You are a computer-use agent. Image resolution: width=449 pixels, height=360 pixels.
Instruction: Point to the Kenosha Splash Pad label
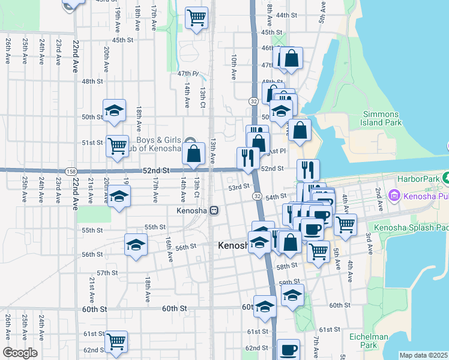tap(411, 227)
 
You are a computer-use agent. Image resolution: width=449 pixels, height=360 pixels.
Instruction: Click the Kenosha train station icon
tap(214, 211)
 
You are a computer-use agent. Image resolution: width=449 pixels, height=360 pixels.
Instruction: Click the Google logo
tap(20, 353)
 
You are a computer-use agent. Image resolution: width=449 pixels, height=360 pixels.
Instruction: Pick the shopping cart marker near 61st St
tap(116, 341)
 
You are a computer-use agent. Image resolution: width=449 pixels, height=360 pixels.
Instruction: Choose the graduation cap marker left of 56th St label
tap(136, 245)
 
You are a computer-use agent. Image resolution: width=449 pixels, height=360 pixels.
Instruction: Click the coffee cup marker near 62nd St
tap(288, 349)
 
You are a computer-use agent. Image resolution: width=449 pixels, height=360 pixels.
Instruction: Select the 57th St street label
tap(107, 273)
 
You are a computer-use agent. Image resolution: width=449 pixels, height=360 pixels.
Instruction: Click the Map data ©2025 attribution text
tap(424, 355)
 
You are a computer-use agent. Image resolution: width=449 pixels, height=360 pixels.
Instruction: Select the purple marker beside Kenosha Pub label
tap(395, 195)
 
